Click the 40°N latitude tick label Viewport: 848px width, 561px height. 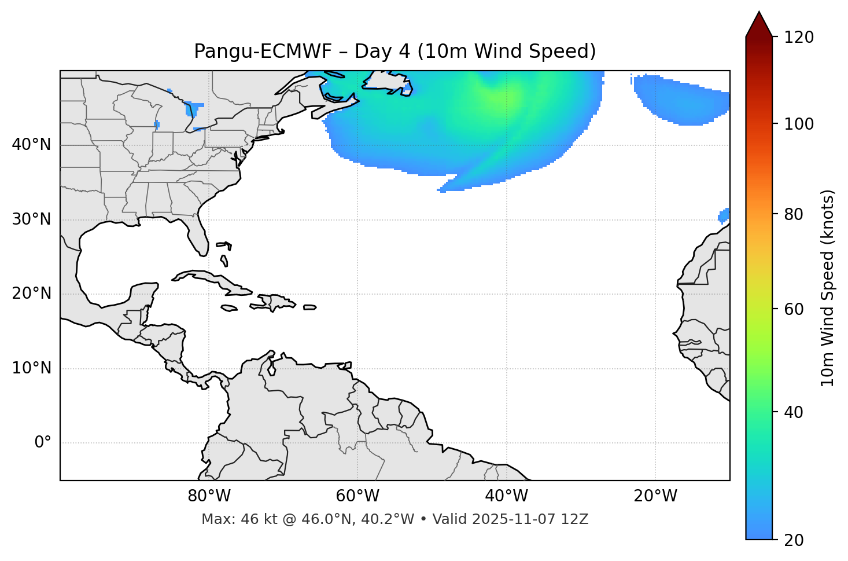point(31,145)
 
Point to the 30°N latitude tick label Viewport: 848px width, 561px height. point(31,219)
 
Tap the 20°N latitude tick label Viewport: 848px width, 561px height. point(31,294)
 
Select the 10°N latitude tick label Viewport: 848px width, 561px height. point(31,368)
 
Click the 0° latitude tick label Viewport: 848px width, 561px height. point(43,443)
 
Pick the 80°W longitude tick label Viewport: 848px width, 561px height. point(209,496)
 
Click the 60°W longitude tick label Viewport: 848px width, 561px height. point(357,496)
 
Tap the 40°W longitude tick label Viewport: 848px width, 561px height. point(506,496)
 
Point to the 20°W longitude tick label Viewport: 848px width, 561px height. point(655,496)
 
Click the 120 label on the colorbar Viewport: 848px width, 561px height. point(799,38)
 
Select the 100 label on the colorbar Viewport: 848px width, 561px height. point(799,124)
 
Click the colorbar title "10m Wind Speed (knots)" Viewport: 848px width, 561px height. point(828,288)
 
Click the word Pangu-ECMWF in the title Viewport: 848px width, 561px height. point(263,52)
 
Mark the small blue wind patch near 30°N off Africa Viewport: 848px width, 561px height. point(724,215)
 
